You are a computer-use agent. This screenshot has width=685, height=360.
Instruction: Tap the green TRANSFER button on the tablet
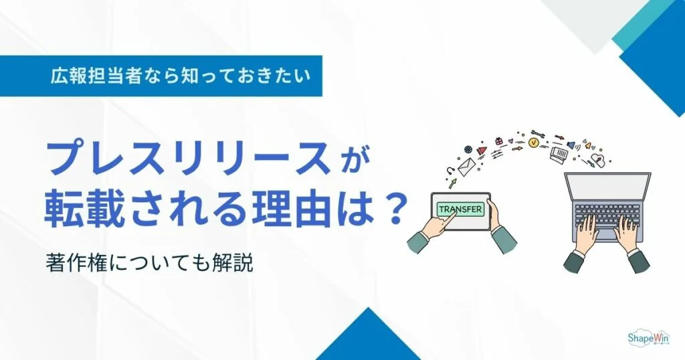[460, 209]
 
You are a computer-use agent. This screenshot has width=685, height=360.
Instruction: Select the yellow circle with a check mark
[533, 143]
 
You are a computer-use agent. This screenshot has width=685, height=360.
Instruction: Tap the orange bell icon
[588, 145]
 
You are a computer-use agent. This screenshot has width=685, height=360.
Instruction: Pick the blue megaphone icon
[571, 145]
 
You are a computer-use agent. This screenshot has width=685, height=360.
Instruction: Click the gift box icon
[498, 141]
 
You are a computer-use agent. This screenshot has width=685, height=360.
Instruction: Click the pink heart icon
[510, 141]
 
